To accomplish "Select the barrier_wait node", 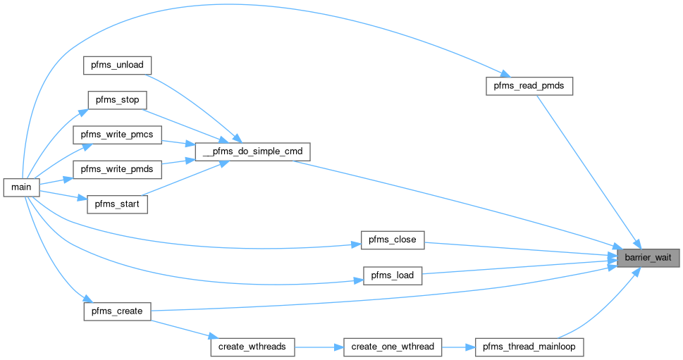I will coord(648,258).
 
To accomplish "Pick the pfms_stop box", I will coord(116,99).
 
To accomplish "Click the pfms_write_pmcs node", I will coord(118,134).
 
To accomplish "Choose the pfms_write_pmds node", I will coord(118,170).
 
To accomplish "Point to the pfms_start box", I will coord(117,205).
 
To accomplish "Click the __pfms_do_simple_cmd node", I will coord(252,151).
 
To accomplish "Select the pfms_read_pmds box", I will coord(529,86).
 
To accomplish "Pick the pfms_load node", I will coord(393,275).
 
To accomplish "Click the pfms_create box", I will coord(117,311).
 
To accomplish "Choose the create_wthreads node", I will coord(252,347).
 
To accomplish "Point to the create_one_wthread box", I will coord(393,347).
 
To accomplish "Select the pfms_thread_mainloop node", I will coord(529,347).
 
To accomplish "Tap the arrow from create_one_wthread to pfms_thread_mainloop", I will coord(459,347).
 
